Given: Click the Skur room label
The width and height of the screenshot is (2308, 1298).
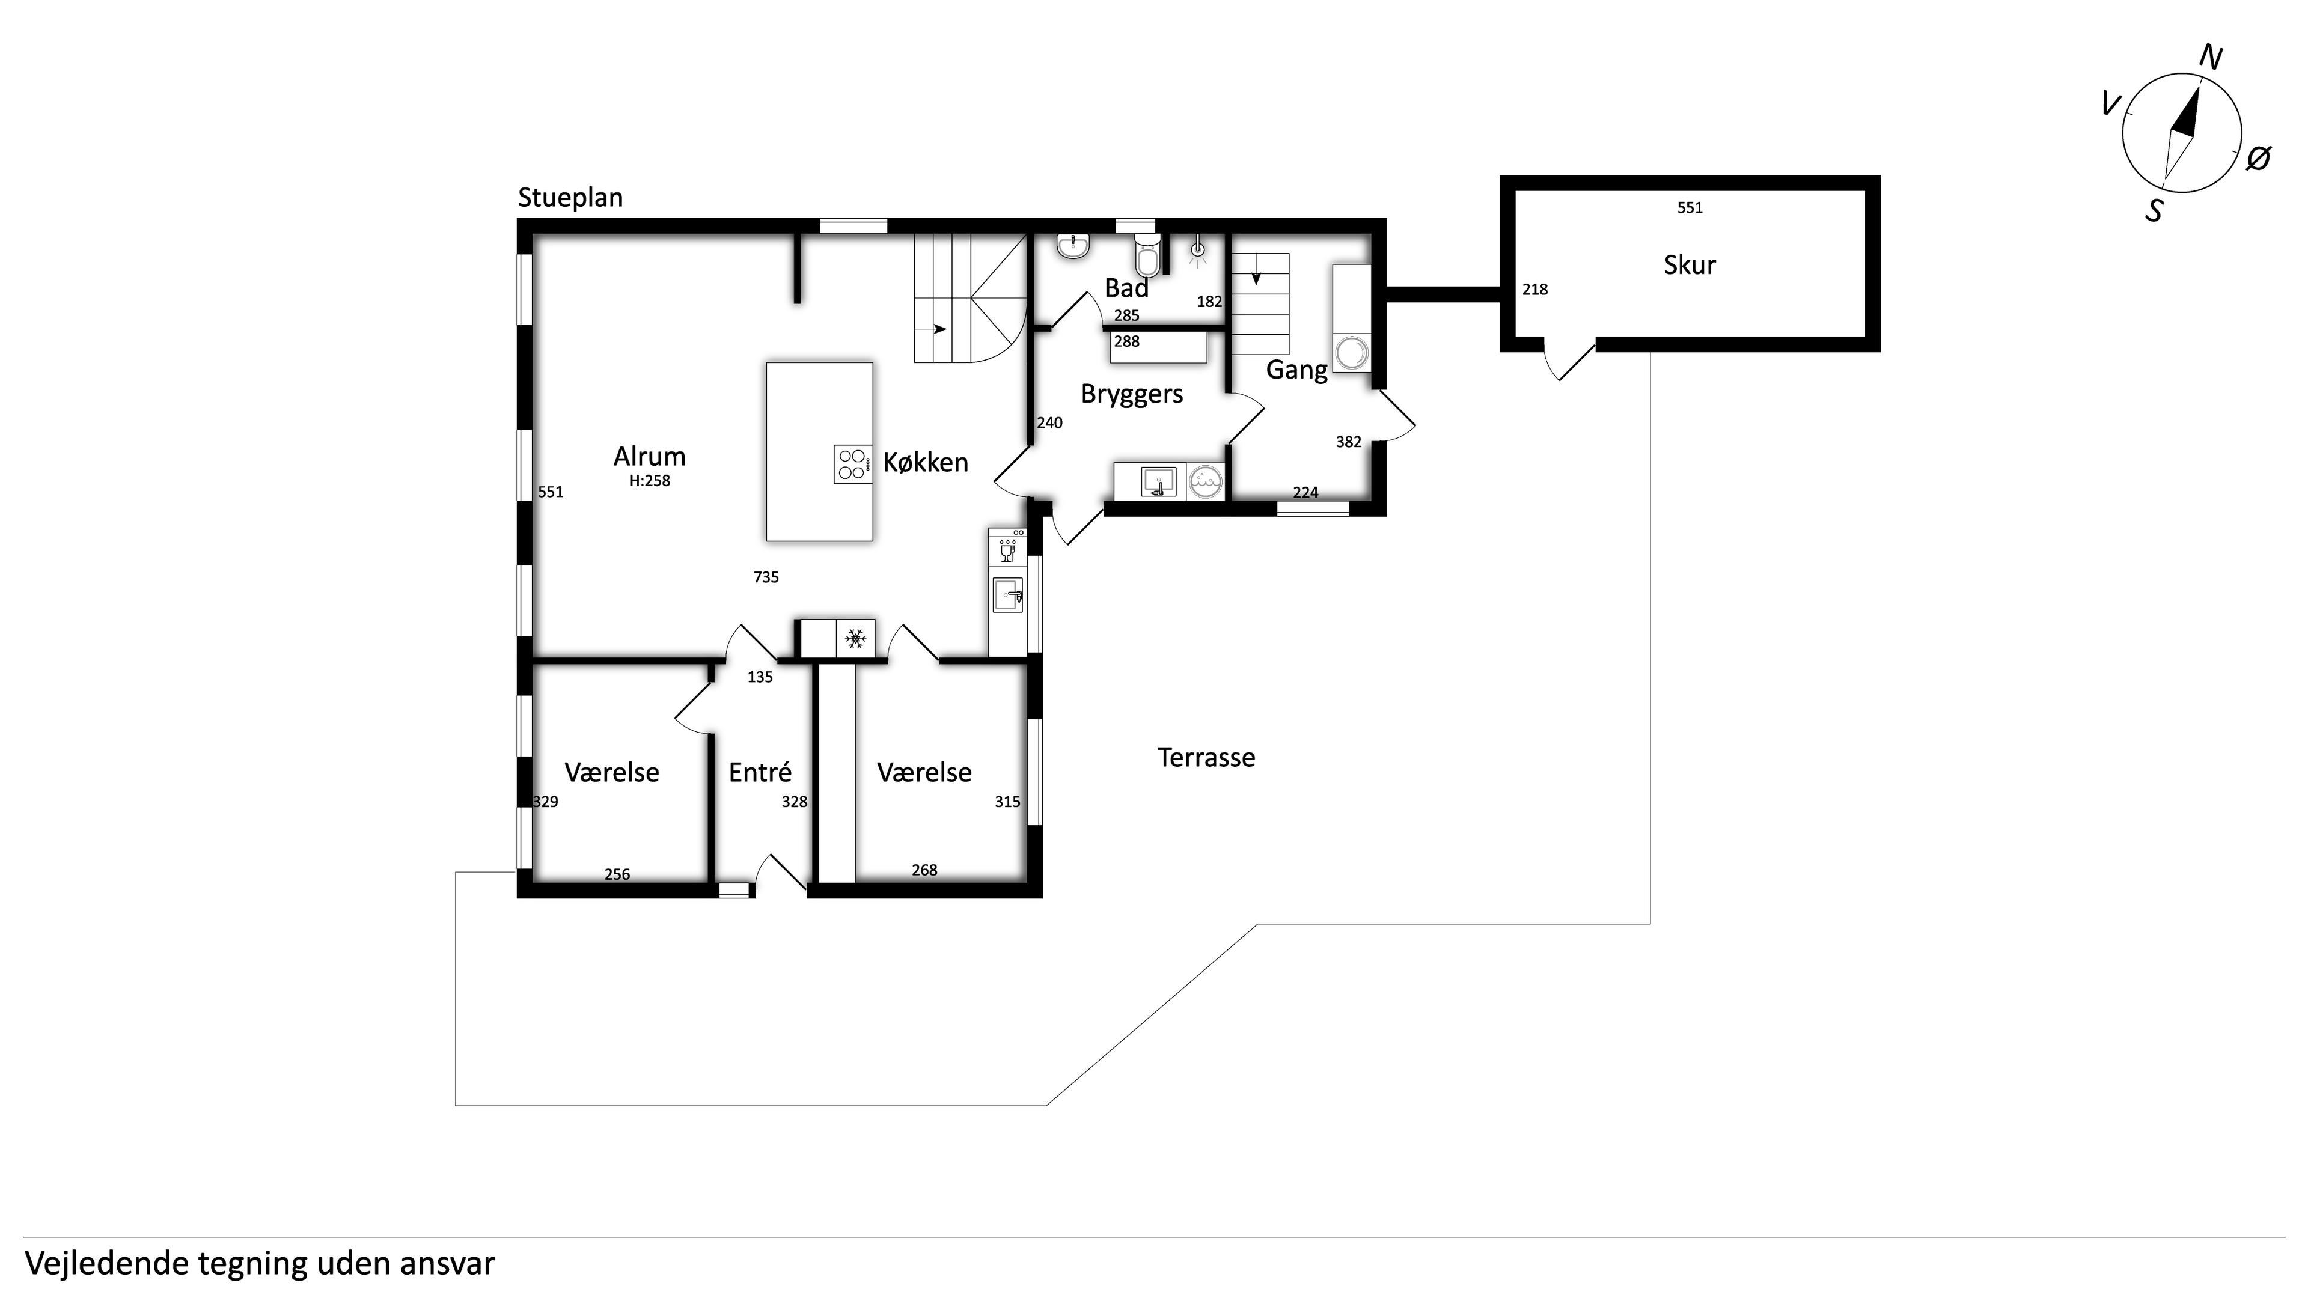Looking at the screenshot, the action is [x=1689, y=265].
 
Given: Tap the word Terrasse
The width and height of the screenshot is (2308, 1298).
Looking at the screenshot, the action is [x=1206, y=758].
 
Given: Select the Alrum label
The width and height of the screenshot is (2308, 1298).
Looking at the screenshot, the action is [x=650, y=456].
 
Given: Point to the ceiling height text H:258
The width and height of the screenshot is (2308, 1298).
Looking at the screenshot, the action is [x=650, y=480].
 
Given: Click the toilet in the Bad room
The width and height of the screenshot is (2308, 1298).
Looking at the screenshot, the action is [x=1146, y=254].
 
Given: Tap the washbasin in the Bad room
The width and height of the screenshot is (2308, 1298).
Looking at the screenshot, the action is [x=1073, y=246].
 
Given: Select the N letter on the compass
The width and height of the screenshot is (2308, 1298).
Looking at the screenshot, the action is [x=2211, y=58].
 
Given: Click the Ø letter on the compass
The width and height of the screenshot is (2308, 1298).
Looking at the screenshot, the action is [x=2259, y=159].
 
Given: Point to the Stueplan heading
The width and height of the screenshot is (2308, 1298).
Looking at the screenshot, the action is [x=570, y=198].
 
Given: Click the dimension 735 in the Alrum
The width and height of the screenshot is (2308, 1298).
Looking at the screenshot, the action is [x=766, y=577].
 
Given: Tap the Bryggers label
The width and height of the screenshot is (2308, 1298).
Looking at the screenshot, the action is [x=1132, y=394].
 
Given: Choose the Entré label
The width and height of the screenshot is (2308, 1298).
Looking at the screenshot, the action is [x=760, y=772].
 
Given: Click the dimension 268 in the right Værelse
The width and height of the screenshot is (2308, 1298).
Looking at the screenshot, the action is [x=924, y=870].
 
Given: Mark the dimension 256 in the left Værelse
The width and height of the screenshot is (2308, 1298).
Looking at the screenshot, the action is [x=617, y=874].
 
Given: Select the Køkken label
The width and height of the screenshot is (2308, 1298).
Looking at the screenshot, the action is [x=926, y=462].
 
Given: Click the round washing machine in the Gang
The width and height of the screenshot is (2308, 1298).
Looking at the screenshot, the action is [x=1352, y=352].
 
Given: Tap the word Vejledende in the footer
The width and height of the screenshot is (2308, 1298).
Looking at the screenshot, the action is [x=108, y=1263].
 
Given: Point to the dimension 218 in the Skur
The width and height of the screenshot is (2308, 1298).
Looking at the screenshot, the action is [x=1535, y=289].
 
